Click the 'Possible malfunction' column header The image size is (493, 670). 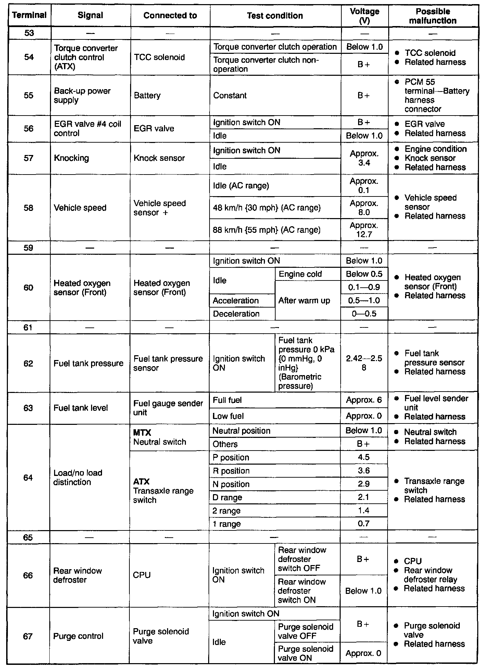pos(433,16)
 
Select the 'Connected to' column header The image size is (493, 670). pos(170,15)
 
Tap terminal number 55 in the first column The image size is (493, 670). pos(29,95)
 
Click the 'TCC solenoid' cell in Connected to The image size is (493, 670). pos(160,57)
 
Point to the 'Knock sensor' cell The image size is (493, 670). pos(159,158)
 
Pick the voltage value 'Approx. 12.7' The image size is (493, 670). pos(364,230)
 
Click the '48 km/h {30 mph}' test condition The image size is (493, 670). pos(267,208)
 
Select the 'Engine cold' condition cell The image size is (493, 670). pos(300,274)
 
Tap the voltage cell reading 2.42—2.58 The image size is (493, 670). pos(364,363)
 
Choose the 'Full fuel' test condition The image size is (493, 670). pos(227,400)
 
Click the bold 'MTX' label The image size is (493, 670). pos(142,433)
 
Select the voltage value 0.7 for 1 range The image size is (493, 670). pos(364,524)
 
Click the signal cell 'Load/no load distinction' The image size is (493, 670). pos(78,477)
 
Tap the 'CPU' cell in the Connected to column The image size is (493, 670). pos(142,575)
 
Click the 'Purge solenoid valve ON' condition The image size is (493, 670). pos(305,653)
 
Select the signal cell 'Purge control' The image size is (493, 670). pos(78,636)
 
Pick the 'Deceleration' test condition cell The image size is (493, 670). pos(236,314)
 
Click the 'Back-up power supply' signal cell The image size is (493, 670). pos(83,95)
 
